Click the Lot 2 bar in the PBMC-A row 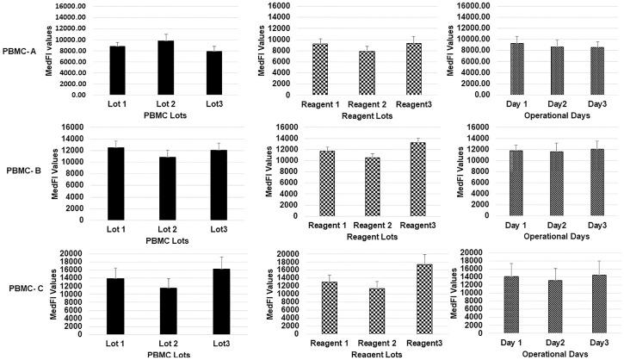[165, 68]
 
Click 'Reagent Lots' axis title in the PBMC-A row [368, 114]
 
